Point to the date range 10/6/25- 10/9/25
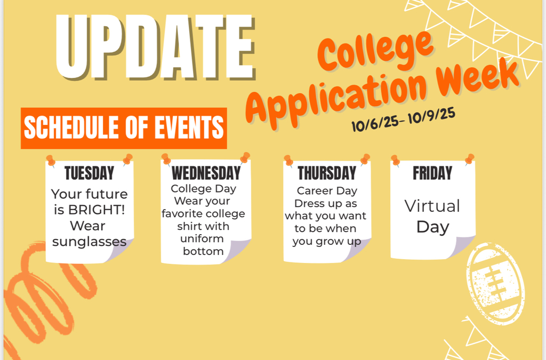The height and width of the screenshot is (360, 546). tap(403, 119)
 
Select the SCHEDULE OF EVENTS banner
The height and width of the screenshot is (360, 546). tap(124, 128)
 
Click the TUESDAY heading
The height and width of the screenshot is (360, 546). tap(89, 173)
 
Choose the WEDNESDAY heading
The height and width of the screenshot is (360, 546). tap(206, 173)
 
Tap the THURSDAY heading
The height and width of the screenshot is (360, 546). tap(327, 173)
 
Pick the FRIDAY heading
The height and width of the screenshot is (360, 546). tap(432, 173)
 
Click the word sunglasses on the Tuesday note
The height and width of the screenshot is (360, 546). tap(89, 242)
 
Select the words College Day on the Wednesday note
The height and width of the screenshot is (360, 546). tap(203, 189)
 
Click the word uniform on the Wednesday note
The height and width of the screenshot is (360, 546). tap(203, 238)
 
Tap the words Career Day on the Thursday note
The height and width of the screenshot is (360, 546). tap(327, 191)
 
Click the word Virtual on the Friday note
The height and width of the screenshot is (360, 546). tap(432, 206)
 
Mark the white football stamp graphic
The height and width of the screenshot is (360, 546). tap(494, 283)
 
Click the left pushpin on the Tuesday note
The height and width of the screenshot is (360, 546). tap(51, 160)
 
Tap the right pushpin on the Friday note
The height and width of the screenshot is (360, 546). tap(469, 159)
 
